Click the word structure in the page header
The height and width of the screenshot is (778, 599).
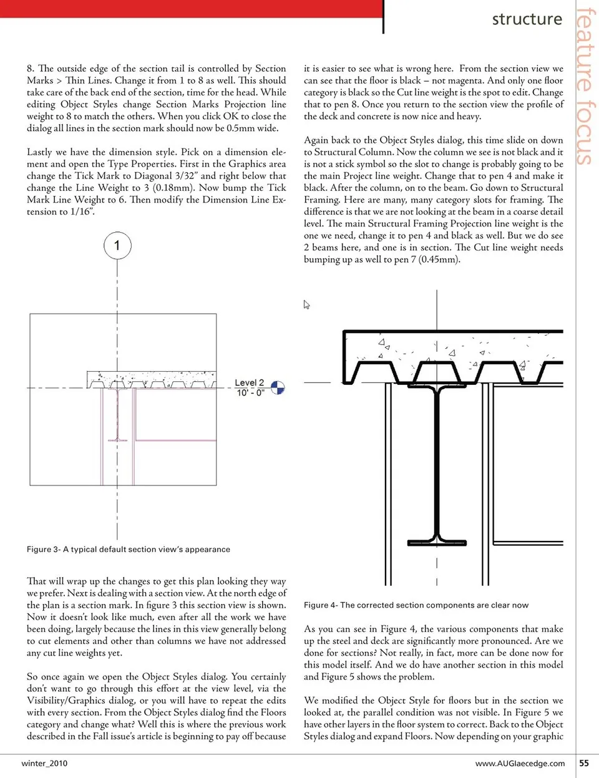(x=527, y=19)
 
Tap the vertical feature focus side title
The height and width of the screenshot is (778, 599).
(x=585, y=86)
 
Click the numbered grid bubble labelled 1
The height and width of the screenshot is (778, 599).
(x=117, y=245)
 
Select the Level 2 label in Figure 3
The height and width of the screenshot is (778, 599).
(x=249, y=382)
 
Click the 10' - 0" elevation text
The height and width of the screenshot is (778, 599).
(x=250, y=392)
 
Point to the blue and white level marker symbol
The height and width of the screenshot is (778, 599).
(x=278, y=388)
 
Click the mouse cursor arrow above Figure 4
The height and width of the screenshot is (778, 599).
(x=306, y=304)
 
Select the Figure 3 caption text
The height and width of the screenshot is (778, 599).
(x=128, y=550)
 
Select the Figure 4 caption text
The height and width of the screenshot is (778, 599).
(x=416, y=605)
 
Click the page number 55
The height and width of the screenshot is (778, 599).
(x=583, y=763)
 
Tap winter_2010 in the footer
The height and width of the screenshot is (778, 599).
(x=44, y=763)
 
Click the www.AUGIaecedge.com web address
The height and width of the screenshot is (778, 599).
(x=520, y=763)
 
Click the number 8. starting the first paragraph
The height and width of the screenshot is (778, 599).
(x=31, y=69)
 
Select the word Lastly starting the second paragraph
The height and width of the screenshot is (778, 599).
(x=39, y=152)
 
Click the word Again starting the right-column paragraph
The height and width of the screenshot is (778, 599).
(x=316, y=140)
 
